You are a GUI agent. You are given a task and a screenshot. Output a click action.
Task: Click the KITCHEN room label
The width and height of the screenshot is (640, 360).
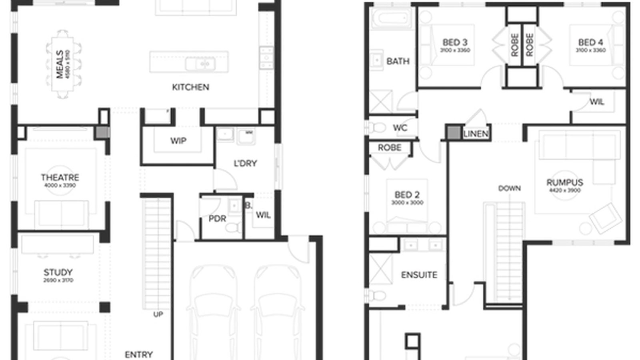190,87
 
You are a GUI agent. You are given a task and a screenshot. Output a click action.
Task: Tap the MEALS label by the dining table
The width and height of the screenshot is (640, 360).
60,64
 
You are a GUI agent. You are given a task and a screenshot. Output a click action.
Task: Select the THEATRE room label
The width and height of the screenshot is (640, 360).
60,177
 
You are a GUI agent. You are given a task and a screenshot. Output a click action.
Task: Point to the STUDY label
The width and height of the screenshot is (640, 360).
58,272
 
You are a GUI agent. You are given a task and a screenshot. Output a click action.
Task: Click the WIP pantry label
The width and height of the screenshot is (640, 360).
178,141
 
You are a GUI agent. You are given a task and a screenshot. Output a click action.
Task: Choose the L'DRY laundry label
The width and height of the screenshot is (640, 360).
245,163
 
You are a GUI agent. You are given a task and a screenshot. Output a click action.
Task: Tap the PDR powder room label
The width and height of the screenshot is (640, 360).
217,219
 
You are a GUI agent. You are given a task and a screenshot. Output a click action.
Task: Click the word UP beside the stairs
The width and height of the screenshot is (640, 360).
158,314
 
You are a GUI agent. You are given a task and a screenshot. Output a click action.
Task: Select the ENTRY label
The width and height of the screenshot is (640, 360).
139,354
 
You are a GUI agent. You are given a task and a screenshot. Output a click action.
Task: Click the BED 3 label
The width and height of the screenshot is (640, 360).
455,42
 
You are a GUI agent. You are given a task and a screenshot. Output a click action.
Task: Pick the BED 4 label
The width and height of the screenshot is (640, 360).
590,42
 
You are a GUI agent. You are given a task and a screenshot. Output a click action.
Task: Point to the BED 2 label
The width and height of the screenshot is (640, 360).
407,195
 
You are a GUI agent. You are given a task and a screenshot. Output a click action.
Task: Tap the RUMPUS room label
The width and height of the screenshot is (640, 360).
565,182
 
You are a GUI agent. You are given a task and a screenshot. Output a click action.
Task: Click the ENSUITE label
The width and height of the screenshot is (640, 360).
419,275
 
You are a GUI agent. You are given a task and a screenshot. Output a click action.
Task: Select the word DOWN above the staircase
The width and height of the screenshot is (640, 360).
509,188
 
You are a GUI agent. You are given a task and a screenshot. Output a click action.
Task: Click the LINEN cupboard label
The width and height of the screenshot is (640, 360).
476,134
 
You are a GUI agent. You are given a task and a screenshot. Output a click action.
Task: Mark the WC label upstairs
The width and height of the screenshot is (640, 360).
400,128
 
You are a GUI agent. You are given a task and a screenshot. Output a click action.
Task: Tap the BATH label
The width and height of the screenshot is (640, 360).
398,61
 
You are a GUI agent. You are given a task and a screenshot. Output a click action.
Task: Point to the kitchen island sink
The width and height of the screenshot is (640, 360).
205,64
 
